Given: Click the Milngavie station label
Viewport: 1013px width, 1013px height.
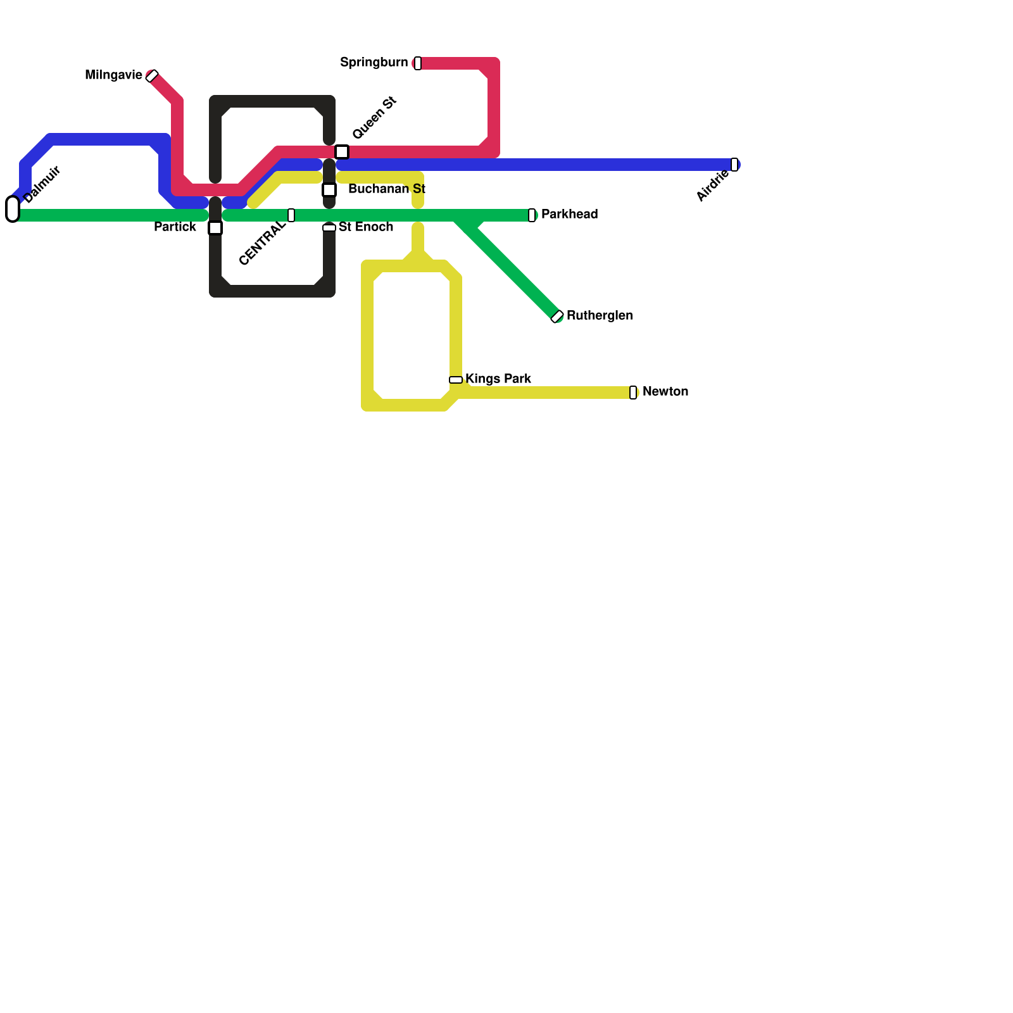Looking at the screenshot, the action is pyautogui.click(x=113, y=75).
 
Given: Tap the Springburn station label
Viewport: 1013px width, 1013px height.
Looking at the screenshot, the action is pyautogui.click(x=374, y=62).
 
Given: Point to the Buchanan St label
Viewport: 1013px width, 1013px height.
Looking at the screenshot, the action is pyautogui.click(x=386, y=189).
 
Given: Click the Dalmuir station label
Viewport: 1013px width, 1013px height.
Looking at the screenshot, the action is pyautogui.click(x=42, y=184).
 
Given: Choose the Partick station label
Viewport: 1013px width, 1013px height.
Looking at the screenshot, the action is pyautogui.click(x=175, y=227).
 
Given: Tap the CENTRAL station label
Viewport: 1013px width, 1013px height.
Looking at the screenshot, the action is pyautogui.click(x=262, y=243).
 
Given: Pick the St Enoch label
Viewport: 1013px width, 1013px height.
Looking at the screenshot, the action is pyautogui.click(x=365, y=227).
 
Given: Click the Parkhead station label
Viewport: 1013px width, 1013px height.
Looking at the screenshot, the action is pyautogui.click(x=569, y=215).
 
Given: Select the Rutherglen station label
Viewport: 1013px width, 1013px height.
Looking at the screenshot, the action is pyautogui.click(x=599, y=316).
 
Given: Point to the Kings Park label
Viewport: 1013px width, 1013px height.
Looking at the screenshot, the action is pyautogui.click(x=498, y=379).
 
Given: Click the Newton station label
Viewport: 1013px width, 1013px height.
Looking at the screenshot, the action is pyautogui.click(x=665, y=392).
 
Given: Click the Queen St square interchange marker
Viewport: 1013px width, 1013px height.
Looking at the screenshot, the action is pyautogui.click(x=342, y=152).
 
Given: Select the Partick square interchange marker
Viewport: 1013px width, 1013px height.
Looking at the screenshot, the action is pyautogui.click(x=215, y=228).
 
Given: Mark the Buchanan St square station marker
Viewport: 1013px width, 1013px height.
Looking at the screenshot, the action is pyautogui.click(x=329, y=190).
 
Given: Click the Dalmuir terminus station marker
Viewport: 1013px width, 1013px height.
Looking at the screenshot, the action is pyautogui.click(x=13, y=209).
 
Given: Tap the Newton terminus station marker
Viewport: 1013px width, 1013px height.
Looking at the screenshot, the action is pyautogui.click(x=633, y=393).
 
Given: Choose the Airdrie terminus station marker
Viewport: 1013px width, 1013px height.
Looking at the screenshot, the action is pyautogui.click(x=734, y=165).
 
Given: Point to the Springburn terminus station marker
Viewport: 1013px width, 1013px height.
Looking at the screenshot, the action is pyautogui.click(x=418, y=63).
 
